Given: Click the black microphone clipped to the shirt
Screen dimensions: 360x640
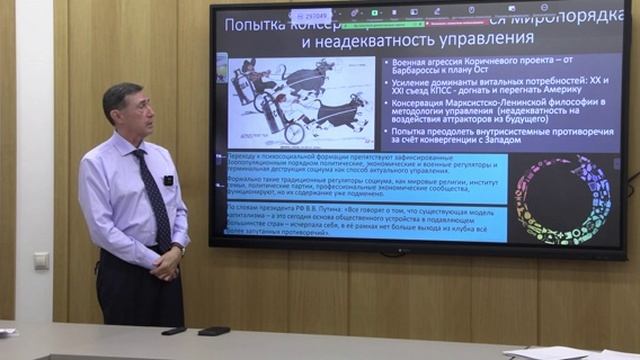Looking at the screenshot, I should (x=168, y=181).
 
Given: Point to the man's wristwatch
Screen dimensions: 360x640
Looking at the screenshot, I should (x=178, y=247).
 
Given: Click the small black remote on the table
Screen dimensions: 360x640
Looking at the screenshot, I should (x=174, y=330).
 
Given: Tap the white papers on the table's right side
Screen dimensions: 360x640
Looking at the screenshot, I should (x=560, y=353).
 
